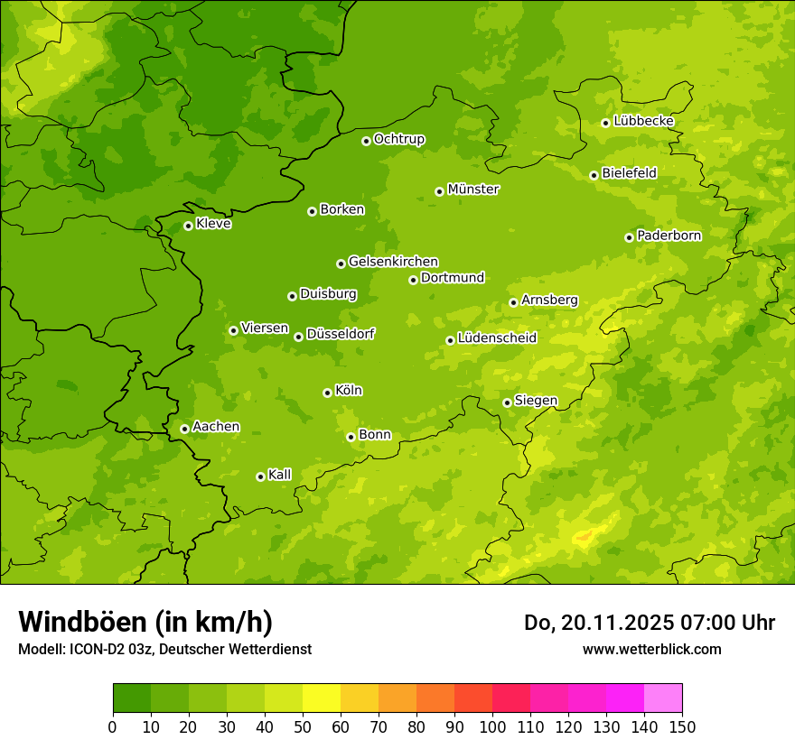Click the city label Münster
tap(472, 190)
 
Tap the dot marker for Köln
tap(327, 393)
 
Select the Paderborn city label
tap(669, 236)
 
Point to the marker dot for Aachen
tap(184, 429)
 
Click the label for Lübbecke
tap(643, 121)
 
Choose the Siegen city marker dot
tap(507, 402)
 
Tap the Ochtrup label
tap(398, 139)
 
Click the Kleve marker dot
tap(188, 226)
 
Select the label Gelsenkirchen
tap(393, 262)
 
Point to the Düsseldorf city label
tap(340, 334)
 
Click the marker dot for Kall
tap(260, 476)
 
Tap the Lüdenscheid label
tap(497, 338)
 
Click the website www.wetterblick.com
tap(651, 649)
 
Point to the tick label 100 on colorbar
tap(492, 727)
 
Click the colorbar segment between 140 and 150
tap(663, 698)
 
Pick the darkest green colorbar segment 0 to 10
tap(132, 698)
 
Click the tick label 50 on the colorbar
tap(303, 727)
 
